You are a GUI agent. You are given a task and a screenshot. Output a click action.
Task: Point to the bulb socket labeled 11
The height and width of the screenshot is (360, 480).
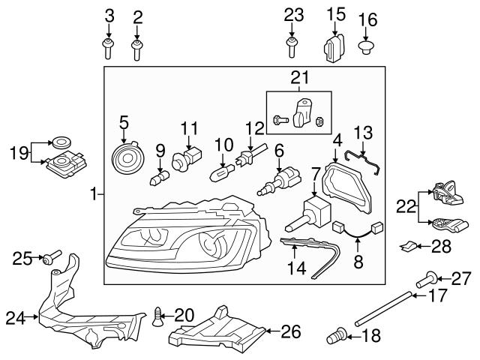tap(185, 160)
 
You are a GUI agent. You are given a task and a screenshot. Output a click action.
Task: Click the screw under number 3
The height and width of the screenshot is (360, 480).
tap(109, 49)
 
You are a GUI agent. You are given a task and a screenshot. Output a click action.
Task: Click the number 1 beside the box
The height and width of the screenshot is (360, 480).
tap(94, 195)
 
